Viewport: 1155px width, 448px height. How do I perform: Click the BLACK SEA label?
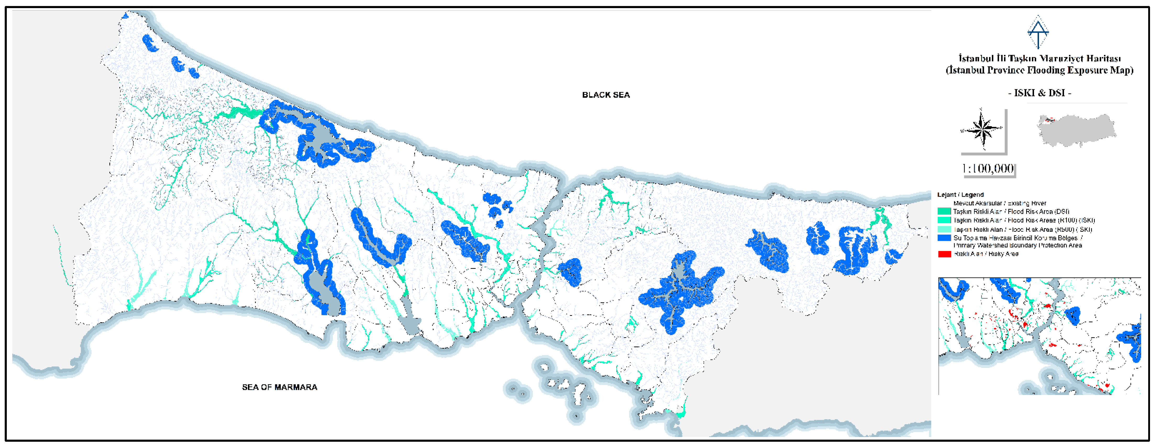[x=606, y=95]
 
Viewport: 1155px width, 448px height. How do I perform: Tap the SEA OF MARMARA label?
[x=279, y=387]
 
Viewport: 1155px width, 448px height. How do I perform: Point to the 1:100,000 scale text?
[x=988, y=169]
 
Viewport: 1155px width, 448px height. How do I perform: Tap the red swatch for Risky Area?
[x=944, y=254]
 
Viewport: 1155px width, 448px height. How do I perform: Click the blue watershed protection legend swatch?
[x=944, y=238]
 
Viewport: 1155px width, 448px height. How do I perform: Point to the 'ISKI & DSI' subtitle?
[x=1039, y=93]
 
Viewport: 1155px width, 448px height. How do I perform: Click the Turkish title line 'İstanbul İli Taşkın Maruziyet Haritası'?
[x=1039, y=59]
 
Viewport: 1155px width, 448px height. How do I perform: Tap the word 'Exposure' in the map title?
[x=1088, y=70]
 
